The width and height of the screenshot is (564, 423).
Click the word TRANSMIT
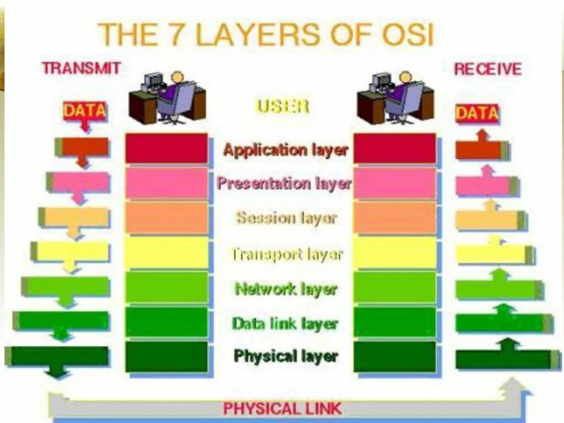pos(81,68)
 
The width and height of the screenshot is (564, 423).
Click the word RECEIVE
pos(487,69)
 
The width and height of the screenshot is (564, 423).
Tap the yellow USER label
pos(283,106)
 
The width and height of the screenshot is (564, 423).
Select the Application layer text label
pos(285,150)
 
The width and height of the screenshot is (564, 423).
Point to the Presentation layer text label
pos(284,183)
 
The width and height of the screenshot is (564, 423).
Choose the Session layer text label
pos(286,218)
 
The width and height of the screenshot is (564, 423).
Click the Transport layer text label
pos(286,254)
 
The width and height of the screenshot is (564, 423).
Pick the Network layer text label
pos(285,289)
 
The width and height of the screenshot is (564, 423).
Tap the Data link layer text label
pos(285,323)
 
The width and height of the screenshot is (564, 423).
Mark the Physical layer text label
pos(285,356)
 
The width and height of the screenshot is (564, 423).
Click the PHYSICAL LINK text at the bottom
pos(282,409)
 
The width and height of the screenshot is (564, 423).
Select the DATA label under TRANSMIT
pos(84,111)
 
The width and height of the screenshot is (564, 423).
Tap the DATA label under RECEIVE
pos(477,113)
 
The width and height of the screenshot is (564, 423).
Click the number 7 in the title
pos(177,34)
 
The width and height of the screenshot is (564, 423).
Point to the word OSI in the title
pos(405,34)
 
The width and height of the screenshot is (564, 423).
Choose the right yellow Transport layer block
pos(394,253)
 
